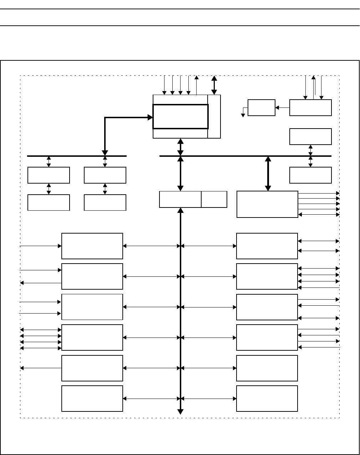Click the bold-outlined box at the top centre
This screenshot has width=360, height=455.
point(180,116)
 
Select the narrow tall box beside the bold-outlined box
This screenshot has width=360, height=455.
point(214,116)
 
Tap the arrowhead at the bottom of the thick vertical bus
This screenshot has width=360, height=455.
point(181,412)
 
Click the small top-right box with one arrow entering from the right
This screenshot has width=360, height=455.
point(261,108)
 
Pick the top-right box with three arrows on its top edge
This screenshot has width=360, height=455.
point(310,108)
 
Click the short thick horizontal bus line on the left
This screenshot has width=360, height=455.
point(77,156)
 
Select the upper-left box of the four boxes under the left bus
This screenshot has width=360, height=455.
point(49,175)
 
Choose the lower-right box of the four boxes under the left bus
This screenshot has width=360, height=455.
point(105,202)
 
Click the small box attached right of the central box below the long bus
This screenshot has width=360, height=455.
point(214,199)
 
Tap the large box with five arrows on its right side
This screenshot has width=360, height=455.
point(267,204)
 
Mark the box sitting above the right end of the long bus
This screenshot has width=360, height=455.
point(310,136)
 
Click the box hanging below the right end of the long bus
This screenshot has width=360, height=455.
point(310,175)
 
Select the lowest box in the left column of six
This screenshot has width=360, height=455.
point(92,399)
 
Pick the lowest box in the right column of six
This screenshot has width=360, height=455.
point(267,399)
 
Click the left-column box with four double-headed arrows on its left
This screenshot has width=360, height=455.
point(92,337)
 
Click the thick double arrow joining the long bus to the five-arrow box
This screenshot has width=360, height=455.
point(268,174)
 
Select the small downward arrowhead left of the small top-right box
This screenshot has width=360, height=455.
point(243,115)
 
